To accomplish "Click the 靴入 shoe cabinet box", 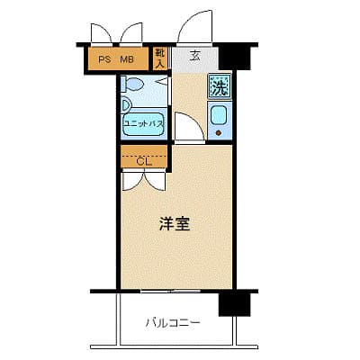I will (159, 59).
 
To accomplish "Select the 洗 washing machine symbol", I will (219, 87).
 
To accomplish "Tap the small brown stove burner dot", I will (219, 131).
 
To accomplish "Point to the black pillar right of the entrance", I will (232, 56).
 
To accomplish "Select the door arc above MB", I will (132, 33).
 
